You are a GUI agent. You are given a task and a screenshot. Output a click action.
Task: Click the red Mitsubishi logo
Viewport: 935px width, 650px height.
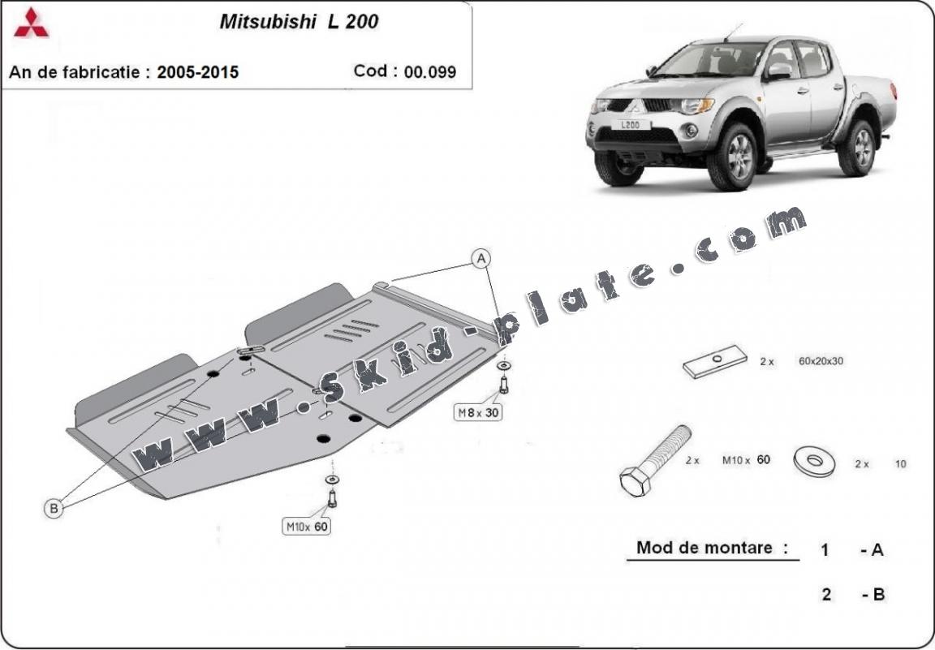(31, 24)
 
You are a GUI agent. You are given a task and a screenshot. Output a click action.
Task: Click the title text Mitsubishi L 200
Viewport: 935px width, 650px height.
(299, 21)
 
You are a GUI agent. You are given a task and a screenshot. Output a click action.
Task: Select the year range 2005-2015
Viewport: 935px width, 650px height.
(197, 72)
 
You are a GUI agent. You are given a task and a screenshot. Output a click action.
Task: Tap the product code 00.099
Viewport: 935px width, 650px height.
(430, 71)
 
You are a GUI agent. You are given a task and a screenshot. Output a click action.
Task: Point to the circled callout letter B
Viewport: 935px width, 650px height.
(54, 508)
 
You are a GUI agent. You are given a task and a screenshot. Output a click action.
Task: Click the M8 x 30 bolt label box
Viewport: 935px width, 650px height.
(477, 411)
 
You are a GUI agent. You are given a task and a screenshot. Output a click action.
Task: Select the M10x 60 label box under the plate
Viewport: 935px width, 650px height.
(307, 526)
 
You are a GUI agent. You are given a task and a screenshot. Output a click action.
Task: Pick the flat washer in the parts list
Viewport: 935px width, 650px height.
(815, 462)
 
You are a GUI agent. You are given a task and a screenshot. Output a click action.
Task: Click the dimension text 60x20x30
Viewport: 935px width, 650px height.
(821, 361)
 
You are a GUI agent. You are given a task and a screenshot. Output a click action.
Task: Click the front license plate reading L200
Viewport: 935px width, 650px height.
(631, 125)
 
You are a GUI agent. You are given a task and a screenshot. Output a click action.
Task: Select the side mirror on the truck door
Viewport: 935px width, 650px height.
(778, 71)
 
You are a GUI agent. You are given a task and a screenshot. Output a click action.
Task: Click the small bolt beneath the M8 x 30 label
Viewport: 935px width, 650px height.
(504, 385)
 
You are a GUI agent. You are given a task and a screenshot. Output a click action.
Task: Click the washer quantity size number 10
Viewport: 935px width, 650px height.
(900, 463)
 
